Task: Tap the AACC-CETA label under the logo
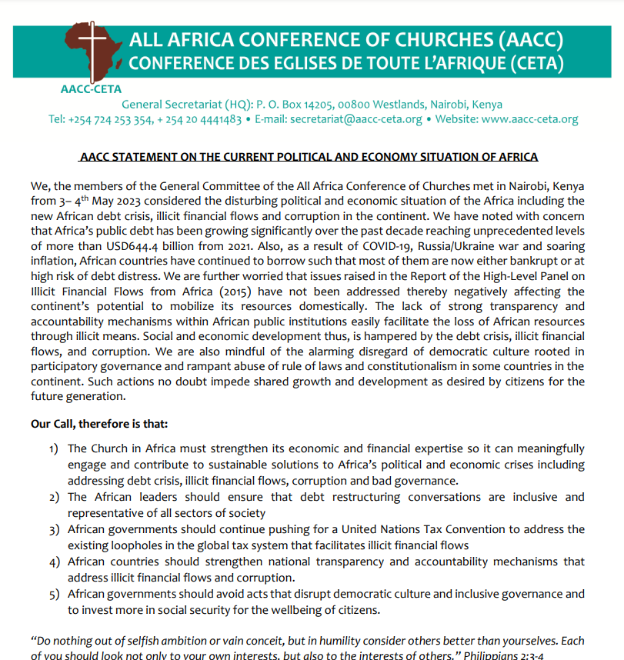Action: tap(91, 88)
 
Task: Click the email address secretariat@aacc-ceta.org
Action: tap(360, 119)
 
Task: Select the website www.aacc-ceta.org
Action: tap(529, 119)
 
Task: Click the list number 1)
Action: tap(54, 448)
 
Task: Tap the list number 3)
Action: tap(54, 529)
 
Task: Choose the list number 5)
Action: tap(54, 594)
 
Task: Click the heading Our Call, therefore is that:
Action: tap(98, 424)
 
